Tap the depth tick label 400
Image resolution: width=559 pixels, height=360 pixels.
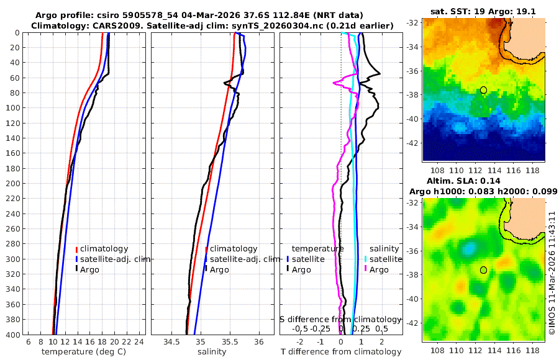tap(12, 335)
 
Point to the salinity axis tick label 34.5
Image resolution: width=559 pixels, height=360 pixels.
tap(171, 342)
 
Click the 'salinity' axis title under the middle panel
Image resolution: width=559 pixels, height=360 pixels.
tap(212, 351)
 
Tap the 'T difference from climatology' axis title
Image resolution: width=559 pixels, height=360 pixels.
tap(341, 351)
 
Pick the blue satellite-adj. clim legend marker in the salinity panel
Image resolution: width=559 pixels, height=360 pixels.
tap(206, 259)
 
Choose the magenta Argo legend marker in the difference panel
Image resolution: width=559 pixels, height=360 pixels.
tap(366, 269)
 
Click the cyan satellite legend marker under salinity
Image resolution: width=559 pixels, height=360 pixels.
tap(366, 259)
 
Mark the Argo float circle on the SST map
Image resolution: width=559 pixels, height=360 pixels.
tap(483, 90)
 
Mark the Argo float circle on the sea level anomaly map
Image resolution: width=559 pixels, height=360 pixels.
tap(483, 270)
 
